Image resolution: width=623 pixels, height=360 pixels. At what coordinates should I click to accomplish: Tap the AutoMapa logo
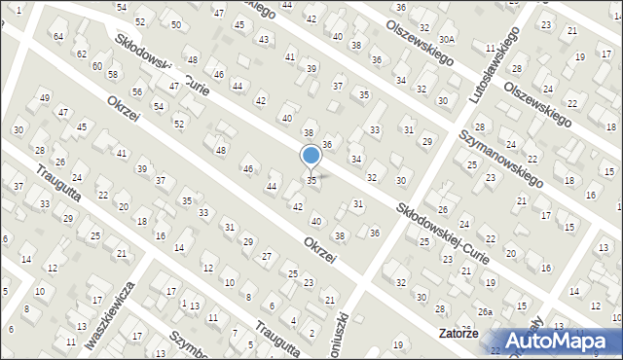(x=561, y=341)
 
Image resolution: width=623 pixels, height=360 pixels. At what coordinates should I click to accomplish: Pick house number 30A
(x=447, y=39)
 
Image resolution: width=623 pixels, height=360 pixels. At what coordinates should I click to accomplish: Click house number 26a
(x=485, y=311)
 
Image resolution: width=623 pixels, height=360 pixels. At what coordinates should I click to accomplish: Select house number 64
(x=58, y=36)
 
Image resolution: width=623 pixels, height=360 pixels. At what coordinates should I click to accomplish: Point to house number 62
(x=82, y=54)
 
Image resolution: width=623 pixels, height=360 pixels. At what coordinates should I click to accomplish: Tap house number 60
(x=97, y=65)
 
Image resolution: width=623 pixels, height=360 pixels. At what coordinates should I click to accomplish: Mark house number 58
(x=113, y=74)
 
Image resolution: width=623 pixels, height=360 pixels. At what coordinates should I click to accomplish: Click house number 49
(x=44, y=98)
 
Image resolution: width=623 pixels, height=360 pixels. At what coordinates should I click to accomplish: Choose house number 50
(x=175, y=24)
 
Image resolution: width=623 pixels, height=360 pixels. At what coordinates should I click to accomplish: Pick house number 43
(x=263, y=39)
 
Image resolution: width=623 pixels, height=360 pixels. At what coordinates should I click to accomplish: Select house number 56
(x=137, y=91)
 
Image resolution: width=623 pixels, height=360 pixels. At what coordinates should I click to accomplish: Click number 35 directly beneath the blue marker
(x=311, y=181)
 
